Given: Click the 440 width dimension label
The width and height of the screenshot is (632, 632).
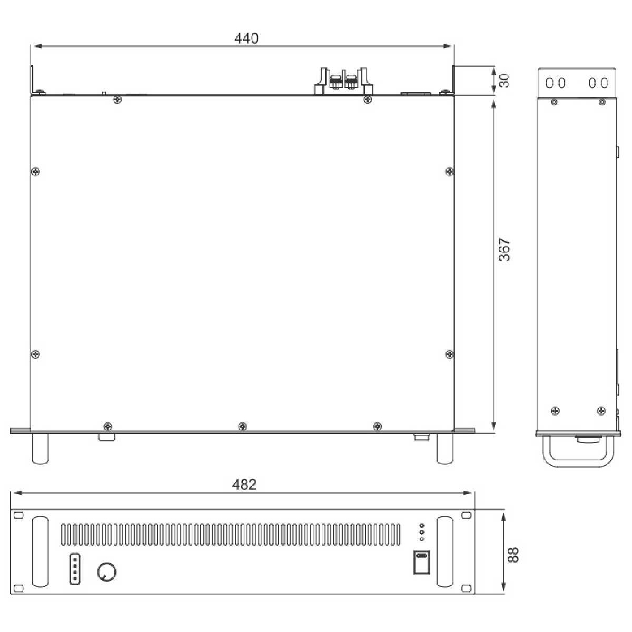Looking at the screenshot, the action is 246,38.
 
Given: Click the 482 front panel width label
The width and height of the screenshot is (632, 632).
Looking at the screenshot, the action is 244,485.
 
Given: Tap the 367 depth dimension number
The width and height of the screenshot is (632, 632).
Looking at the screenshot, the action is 505,249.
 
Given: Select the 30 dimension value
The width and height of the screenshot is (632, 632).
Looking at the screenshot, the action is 505,81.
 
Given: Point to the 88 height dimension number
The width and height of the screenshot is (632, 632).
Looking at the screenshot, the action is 513,555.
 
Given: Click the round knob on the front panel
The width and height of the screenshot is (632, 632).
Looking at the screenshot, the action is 107,572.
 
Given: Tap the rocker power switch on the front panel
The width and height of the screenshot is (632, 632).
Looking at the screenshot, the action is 421,562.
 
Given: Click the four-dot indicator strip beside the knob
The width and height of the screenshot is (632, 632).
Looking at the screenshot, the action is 75,569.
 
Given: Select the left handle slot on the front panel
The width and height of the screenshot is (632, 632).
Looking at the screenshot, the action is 41,552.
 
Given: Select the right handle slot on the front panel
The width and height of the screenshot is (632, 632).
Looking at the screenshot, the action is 445,552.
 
